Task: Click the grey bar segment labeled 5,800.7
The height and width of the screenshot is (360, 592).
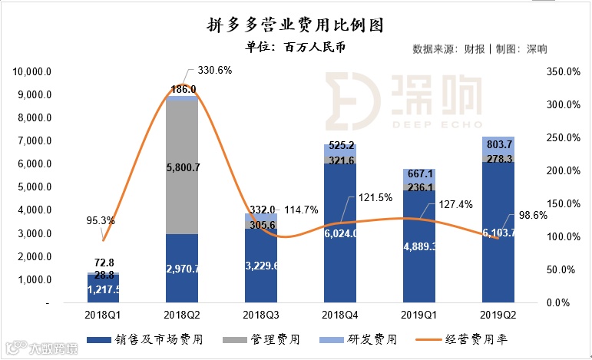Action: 182,166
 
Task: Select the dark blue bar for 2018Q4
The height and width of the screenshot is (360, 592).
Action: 339,230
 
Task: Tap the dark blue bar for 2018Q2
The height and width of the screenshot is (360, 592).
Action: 182,269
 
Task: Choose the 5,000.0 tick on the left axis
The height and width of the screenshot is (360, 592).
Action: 34,187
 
